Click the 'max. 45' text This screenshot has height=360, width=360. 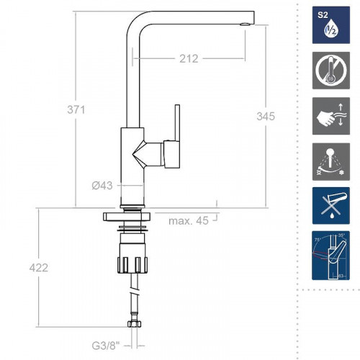pos(188,220)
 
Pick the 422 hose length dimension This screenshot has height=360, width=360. pos(39,268)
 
